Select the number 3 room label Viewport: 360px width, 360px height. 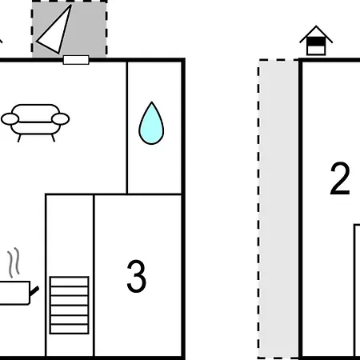point(136,276)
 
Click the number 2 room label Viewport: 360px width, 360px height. point(340,178)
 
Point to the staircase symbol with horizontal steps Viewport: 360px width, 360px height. point(69,305)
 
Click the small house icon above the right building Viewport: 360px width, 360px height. point(316,41)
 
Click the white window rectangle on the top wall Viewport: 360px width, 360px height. point(76,60)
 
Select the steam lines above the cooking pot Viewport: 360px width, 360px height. point(14,262)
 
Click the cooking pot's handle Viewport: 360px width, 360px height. point(34,291)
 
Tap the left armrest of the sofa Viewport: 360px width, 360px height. point(10,119)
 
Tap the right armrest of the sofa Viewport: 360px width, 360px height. point(61,119)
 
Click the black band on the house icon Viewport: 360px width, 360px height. point(316,42)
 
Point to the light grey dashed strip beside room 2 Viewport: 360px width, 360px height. point(278,209)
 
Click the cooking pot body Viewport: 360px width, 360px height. point(14,293)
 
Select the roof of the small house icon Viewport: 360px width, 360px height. point(316,34)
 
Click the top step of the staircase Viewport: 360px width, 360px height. point(69,282)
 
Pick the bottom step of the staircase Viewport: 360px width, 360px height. point(69,329)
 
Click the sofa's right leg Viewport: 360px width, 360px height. point(53,138)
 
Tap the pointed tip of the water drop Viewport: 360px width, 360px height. point(152,102)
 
